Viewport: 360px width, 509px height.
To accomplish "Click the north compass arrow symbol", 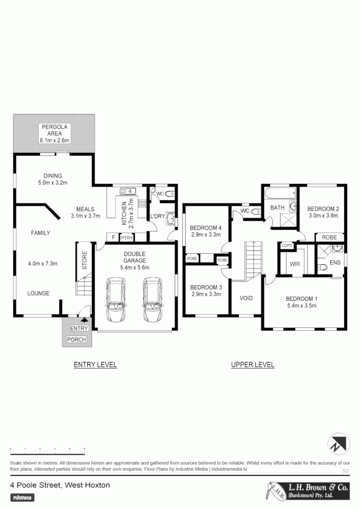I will (x=338, y=443).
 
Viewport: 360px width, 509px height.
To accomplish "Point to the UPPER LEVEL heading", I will (x=253, y=365).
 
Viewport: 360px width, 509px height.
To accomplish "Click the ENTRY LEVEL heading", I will (x=95, y=365).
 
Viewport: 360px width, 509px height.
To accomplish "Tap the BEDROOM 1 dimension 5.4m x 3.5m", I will (x=302, y=306).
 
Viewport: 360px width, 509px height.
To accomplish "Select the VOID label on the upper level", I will (x=246, y=298).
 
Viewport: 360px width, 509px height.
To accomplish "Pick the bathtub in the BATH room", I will (x=280, y=193).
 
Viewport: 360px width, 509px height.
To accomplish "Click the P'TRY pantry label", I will (x=126, y=238).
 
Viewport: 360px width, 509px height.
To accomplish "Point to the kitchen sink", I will (x=128, y=191).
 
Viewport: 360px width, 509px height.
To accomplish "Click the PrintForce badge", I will (x=23, y=498).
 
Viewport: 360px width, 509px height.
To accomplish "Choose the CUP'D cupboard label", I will (x=287, y=246).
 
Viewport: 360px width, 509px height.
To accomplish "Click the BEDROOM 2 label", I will (x=323, y=209).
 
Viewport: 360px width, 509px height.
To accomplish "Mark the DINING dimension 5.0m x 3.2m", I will (x=53, y=182).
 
